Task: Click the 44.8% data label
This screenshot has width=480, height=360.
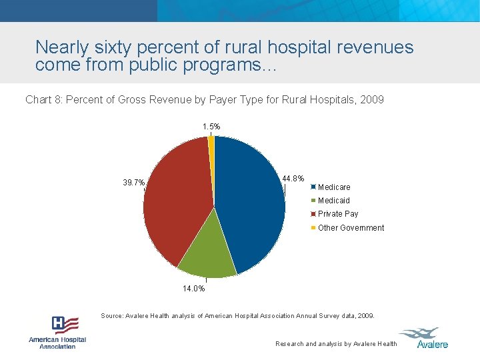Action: pos(293,179)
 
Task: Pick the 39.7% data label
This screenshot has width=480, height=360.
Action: pos(133,183)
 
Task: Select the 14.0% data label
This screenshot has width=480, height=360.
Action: pos(194,289)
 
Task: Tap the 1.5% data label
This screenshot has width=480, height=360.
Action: pos(211,126)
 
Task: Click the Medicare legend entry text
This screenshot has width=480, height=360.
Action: pos(334,187)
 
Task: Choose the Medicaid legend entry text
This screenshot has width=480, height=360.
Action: pos(333,201)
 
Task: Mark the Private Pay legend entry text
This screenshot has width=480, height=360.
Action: pos(338,214)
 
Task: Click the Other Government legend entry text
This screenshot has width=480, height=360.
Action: pos(351,228)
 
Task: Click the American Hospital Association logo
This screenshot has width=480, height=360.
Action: pos(57,332)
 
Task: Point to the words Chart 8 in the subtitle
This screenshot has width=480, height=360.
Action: pos(43,100)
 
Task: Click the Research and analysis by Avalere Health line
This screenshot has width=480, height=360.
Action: pos(336,344)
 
